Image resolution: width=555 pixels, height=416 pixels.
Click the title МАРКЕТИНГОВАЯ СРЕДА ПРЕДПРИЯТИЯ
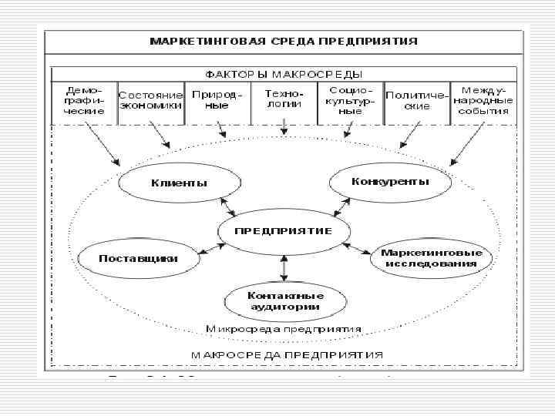[284, 41]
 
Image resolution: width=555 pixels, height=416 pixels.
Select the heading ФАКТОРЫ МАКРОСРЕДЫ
[283, 74]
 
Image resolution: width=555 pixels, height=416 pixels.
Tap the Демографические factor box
[84, 102]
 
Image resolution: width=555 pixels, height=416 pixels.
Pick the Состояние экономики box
[151, 102]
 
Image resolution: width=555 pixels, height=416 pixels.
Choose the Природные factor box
[217, 102]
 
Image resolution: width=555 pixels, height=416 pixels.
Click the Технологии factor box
[284, 102]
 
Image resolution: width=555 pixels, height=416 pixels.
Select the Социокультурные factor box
[350, 102]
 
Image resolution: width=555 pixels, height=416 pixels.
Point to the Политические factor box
[417, 102]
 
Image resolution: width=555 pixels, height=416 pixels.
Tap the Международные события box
[483, 102]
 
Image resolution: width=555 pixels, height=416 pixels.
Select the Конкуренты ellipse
[390, 183]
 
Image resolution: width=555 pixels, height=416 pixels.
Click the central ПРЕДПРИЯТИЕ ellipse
[284, 231]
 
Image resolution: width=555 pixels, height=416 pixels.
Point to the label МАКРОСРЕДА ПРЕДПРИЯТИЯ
[284, 355]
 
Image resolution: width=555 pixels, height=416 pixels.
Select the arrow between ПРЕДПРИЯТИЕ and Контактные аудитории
[284, 267]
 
